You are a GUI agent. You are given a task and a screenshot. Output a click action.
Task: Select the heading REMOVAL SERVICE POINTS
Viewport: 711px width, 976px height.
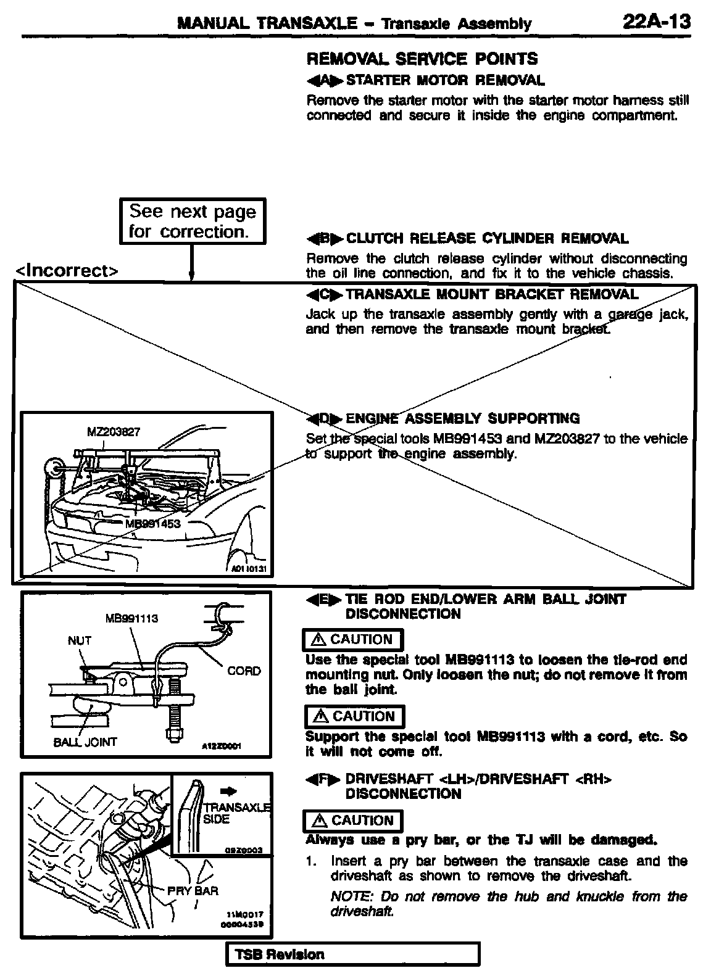(422, 59)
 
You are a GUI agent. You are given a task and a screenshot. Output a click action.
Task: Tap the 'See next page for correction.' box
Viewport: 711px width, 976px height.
(192, 221)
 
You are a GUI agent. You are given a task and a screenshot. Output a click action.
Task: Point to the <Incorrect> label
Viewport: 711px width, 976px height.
(67, 270)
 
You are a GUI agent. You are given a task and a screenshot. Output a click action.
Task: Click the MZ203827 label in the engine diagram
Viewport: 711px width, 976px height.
(113, 432)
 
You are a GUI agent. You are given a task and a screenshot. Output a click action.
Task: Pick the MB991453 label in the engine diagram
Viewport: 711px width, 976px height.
(152, 524)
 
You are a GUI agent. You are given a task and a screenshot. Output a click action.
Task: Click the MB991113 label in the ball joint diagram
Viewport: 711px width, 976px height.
(132, 618)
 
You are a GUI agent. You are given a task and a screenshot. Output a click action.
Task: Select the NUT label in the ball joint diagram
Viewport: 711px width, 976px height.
(80, 640)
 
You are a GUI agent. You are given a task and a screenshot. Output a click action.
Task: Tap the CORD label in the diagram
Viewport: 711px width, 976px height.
(244, 671)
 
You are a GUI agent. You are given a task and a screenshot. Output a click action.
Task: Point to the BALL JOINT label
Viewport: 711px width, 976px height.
(85, 742)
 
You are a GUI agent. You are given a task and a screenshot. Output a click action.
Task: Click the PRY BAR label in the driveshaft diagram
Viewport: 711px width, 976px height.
(193, 891)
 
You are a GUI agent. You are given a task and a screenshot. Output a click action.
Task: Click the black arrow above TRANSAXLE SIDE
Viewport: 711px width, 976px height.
(228, 792)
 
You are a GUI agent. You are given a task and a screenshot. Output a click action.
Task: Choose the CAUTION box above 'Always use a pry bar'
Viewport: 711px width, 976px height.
(354, 821)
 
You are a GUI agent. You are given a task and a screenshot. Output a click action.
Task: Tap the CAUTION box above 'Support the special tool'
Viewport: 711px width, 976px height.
(355, 716)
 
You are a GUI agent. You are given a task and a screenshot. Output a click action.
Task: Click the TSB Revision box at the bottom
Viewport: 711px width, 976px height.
(353, 954)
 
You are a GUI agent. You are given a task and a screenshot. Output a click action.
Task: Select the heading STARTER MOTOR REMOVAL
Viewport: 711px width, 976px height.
(445, 80)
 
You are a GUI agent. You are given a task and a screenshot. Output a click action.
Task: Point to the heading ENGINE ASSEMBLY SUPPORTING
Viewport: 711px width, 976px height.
(462, 418)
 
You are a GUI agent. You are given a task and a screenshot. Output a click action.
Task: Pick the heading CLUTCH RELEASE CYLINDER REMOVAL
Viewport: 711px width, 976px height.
(487, 238)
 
